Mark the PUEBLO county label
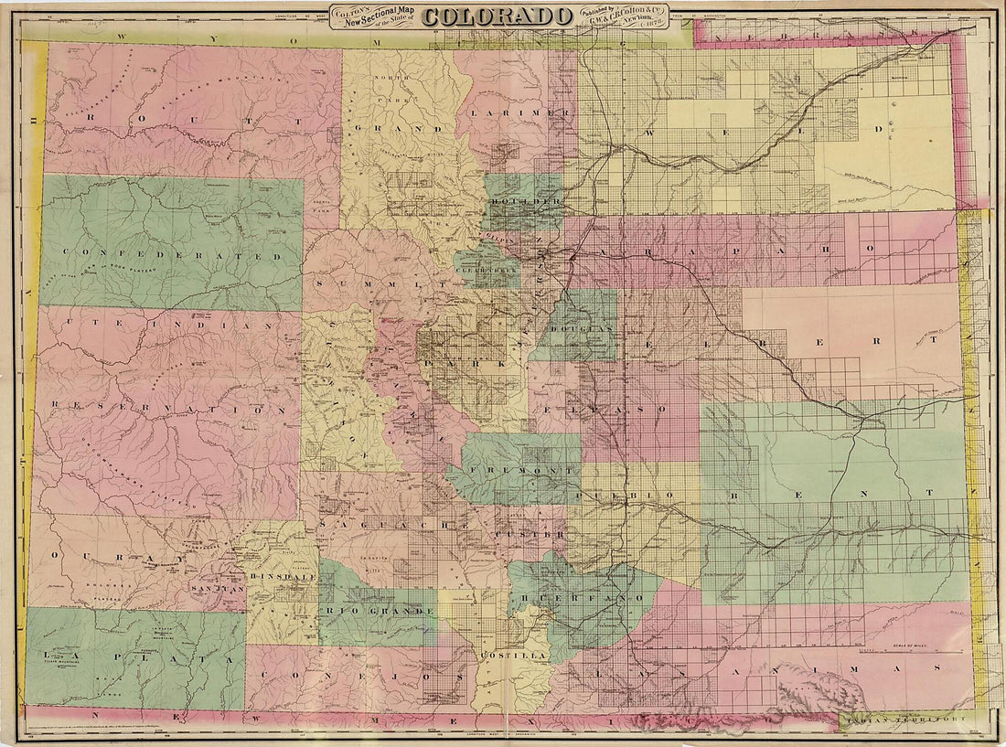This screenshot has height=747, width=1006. click(627, 495)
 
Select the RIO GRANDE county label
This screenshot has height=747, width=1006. click(377, 610)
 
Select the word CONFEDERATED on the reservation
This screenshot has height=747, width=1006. click(169, 257)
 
